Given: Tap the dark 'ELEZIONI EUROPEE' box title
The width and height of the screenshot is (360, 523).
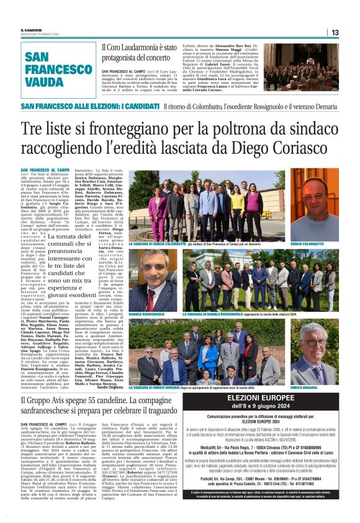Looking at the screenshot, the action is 286,399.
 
